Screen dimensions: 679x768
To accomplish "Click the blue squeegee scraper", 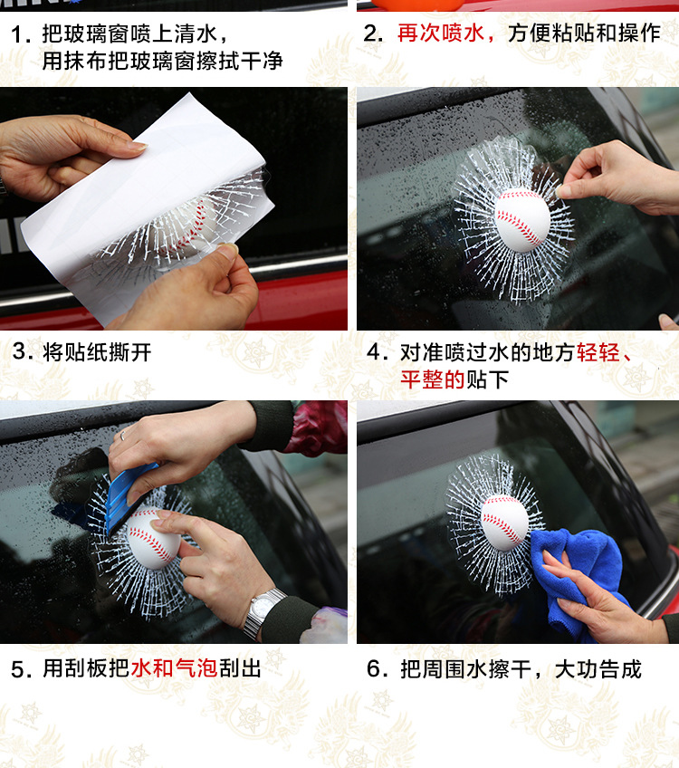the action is click(x=128, y=494).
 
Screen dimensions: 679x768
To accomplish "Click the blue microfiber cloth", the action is click(x=577, y=578).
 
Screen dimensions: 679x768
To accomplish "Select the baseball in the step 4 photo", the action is click(x=522, y=220).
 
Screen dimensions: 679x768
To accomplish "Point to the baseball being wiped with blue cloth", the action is click(x=506, y=522).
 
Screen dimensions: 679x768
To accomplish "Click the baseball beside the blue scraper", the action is click(x=153, y=539).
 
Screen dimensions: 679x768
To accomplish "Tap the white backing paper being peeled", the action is click(x=142, y=196).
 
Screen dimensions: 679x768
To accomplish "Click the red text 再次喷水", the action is click(x=441, y=34).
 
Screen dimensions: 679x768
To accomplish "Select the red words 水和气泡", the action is click(x=175, y=668).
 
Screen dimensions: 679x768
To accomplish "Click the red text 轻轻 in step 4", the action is click(x=598, y=352).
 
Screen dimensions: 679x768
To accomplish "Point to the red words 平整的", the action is click(x=432, y=379).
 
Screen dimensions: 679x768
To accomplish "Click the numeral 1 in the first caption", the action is click(x=17, y=34).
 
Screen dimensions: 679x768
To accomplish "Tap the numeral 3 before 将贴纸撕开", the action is click(x=19, y=351).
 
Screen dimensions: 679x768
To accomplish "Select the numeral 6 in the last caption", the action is click(x=374, y=668).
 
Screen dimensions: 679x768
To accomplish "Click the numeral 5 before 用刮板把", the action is click(x=17, y=669).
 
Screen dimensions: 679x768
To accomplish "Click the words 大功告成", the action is click(x=598, y=669).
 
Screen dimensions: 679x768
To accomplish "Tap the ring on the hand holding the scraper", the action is click(x=123, y=436).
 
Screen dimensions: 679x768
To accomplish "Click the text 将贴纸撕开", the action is click(x=97, y=352).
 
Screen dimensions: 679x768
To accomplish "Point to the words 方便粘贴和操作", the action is click(x=584, y=34).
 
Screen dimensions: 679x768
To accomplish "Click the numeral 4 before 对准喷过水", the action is click(x=375, y=352).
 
